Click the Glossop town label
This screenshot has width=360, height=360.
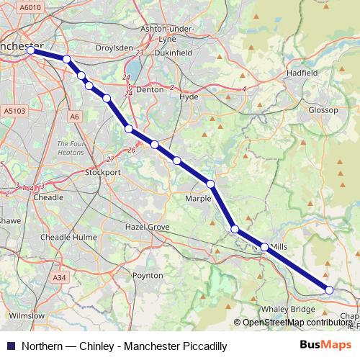click(323, 110)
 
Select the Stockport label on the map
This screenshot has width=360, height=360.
click(102, 173)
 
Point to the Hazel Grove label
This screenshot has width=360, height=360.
click(148, 227)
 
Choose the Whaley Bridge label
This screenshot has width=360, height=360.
click(288, 309)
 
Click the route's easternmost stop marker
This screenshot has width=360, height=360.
click(329, 290)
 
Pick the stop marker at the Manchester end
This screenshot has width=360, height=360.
click(31, 50)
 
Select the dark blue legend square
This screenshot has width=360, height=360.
click(10, 346)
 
